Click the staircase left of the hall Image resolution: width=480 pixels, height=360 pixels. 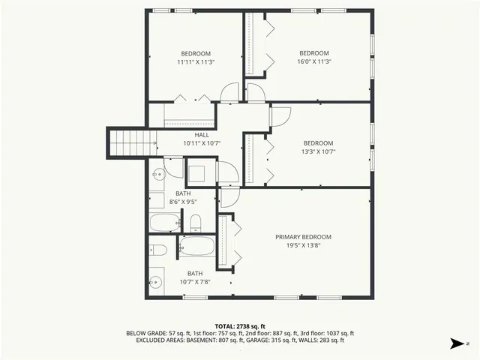131,142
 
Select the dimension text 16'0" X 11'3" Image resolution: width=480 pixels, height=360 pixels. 314,62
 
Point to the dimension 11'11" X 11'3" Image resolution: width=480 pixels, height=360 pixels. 196,62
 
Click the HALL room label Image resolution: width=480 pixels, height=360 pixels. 191,134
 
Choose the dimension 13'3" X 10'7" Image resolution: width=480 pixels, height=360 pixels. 318,151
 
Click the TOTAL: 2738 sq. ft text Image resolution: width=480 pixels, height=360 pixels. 240,326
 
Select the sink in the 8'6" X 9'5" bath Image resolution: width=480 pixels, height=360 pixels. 157,175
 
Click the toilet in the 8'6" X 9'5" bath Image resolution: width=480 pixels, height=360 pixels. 195,223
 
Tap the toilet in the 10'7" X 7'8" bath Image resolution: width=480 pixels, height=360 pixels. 158,250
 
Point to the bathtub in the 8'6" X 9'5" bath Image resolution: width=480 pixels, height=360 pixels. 163,223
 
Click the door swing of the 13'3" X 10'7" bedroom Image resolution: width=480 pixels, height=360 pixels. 280,117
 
